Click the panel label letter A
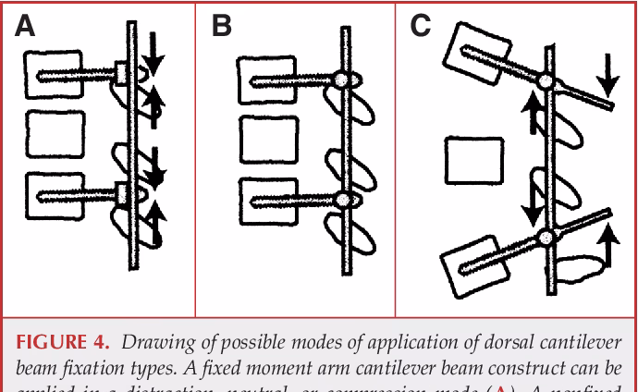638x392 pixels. pyautogui.click(x=26, y=25)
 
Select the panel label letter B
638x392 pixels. pyautogui.click(x=222, y=25)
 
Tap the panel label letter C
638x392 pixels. pyautogui.click(x=420, y=25)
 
